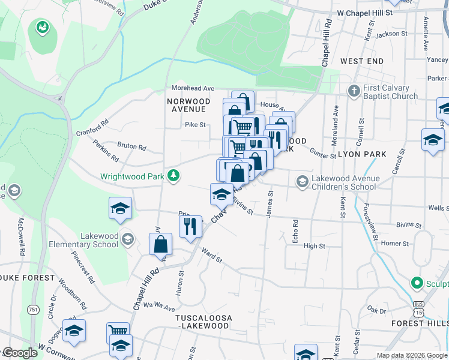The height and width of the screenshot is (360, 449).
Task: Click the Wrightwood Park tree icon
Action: (x=174, y=175)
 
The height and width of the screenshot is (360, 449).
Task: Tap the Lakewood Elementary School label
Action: (x=89, y=240)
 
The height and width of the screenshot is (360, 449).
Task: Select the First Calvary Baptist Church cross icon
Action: (x=354, y=91)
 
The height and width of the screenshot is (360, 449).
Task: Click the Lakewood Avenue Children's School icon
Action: (x=302, y=181)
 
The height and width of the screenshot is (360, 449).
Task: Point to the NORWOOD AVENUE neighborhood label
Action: (x=188, y=105)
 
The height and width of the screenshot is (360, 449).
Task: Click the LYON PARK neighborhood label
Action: (x=362, y=154)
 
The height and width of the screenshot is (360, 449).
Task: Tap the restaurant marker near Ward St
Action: (x=190, y=226)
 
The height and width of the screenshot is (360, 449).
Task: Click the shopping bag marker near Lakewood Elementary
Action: (x=161, y=244)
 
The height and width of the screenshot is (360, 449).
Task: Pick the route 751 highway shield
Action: (x=32, y=309)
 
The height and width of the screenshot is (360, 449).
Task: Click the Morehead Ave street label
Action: (x=193, y=88)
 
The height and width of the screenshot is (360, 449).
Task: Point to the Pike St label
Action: (x=195, y=125)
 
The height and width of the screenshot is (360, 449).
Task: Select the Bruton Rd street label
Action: (x=131, y=146)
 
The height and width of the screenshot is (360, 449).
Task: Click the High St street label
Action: (x=315, y=246)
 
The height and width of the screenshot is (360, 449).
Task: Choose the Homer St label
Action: (x=395, y=244)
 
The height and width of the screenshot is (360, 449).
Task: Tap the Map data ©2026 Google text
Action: (x=411, y=355)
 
